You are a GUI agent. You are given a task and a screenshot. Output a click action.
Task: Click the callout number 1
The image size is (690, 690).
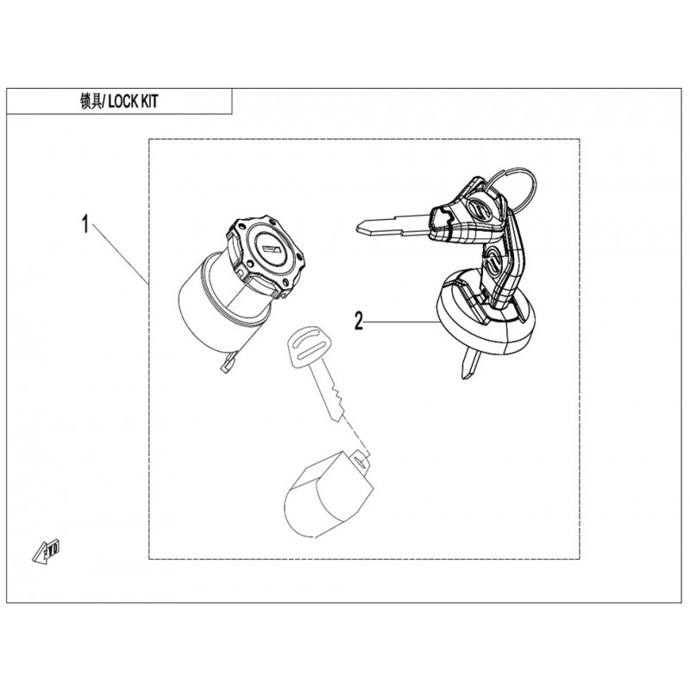pyautogui.click(x=85, y=224)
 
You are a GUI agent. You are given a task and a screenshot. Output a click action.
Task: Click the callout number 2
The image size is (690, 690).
pyautogui.click(x=359, y=320)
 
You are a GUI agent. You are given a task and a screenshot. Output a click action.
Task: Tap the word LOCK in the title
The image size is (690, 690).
pyautogui.click(x=123, y=102)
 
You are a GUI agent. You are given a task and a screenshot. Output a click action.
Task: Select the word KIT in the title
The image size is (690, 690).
pyautogui.click(x=149, y=102)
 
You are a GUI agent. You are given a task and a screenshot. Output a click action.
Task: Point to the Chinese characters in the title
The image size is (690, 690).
pyautogui.click(x=91, y=102)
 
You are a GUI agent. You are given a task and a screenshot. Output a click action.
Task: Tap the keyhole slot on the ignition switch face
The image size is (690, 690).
pyautogui.click(x=268, y=249)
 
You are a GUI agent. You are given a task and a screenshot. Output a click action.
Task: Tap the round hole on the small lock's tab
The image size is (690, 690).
pyautogui.click(x=361, y=461)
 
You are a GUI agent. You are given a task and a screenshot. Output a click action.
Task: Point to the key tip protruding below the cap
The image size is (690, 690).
pyautogui.click(x=468, y=364)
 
